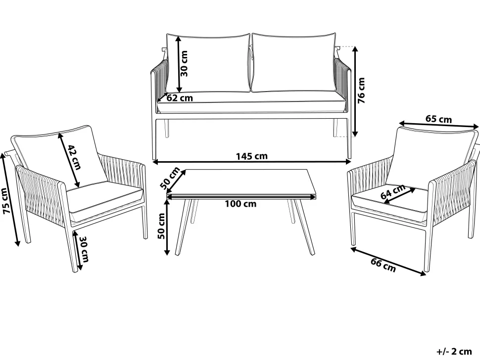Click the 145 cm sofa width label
point(252,156)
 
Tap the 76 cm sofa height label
point(362,90)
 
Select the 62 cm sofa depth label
point(180,98)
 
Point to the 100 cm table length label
point(240,203)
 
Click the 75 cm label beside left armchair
point(5,201)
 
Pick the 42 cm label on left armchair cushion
point(74,157)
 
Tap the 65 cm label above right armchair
point(438,119)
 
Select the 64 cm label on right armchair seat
point(393,192)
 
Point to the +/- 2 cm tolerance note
point(454,352)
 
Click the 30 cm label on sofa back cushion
point(184,64)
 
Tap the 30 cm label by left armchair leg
point(84,249)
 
